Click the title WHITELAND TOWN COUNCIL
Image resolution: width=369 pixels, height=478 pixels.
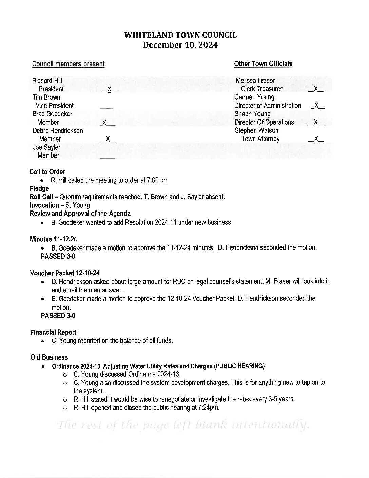tap(180, 35)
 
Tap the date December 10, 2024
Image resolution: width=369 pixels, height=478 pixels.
tap(180, 45)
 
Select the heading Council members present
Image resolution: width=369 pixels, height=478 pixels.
tap(68, 64)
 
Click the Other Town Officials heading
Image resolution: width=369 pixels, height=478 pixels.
tap(263, 64)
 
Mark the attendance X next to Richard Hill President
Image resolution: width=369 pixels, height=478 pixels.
tap(109, 89)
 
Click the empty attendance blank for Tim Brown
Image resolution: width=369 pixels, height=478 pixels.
tap(106, 107)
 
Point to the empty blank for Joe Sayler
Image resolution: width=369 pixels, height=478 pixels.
tap(108, 157)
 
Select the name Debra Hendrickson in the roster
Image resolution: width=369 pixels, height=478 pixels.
tap(58, 131)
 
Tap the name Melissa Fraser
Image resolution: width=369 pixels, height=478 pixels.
tap(255, 81)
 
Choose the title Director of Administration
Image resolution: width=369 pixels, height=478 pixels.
tap(268, 106)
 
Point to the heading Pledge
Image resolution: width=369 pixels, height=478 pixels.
tap(39, 188)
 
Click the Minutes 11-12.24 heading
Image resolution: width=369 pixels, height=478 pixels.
tap(54, 239)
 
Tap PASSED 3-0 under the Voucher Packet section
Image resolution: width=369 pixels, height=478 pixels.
tap(58, 316)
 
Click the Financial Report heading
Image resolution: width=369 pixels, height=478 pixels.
tap(53, 332)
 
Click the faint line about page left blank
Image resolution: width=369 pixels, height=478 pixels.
tap(183, 425)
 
